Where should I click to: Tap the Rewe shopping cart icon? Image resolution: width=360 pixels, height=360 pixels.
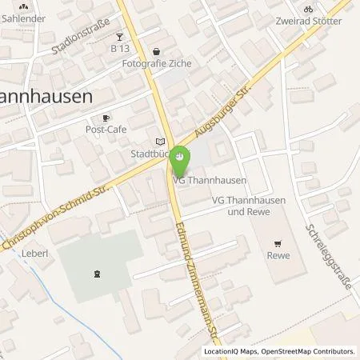278,244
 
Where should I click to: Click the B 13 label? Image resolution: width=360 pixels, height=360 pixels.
120,49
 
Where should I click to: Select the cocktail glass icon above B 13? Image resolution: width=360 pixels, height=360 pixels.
119,37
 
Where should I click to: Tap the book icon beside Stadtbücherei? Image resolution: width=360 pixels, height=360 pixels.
160,141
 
